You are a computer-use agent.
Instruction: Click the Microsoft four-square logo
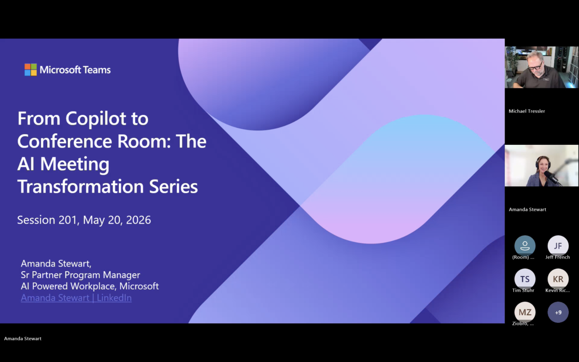(30, 70)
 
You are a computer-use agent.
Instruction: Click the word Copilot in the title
(107, 119)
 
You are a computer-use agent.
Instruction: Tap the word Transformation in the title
(81, 186)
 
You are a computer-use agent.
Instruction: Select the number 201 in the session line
(68, 220)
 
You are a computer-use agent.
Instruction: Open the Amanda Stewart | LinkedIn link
(76, 298)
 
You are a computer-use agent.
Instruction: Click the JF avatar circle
(558, 246)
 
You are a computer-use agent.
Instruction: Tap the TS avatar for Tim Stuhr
(525, 279)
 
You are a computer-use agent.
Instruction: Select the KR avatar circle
(558, 279)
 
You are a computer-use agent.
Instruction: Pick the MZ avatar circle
(525, 312)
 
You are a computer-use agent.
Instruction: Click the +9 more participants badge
(558, 312)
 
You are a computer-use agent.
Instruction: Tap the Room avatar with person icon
(525, 246)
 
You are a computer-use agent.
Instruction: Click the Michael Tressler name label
(527, 111)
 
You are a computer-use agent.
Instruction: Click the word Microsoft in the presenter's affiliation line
(139, 286)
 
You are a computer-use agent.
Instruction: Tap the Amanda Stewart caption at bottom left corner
(23, 338)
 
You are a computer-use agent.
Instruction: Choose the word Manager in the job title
(122, 275)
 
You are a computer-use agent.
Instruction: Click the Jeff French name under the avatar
(558, 257)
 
